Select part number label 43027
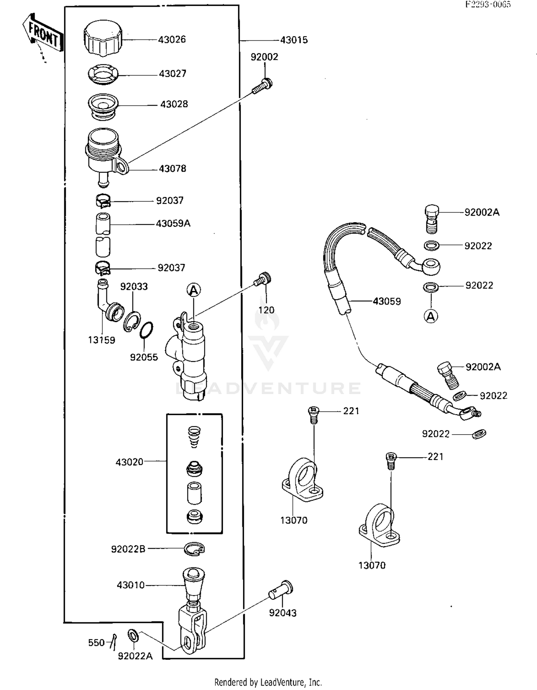(x=173, y=74)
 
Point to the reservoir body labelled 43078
(x=104, y=154)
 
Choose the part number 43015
(x=294, y=40)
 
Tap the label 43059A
(x=173, y=224)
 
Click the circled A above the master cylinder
(x=194, y=290)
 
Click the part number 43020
(x=129, y=462)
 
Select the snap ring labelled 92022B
(x=194, y=548)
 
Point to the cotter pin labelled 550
(x=113, y=641)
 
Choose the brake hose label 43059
(x=387, y=301)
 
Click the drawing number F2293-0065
(x=488, y=4)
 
